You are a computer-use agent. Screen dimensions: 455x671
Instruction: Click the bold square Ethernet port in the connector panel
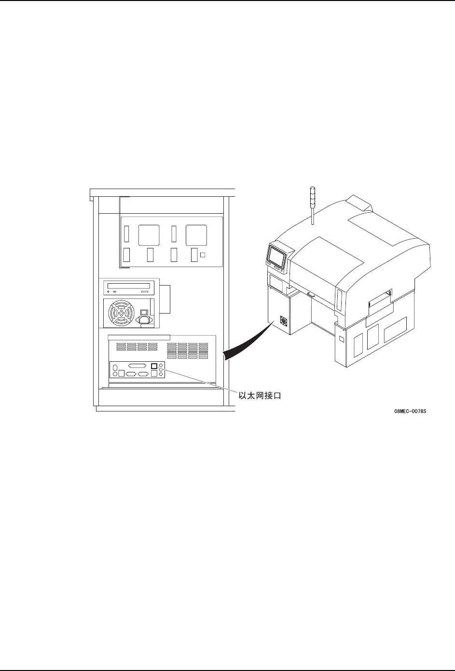pos(154,366)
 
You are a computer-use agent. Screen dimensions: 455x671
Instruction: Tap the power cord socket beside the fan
pos(144,319)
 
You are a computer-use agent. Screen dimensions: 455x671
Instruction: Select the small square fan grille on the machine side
pos(284,323)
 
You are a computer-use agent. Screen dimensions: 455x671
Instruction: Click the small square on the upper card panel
pos(203,255)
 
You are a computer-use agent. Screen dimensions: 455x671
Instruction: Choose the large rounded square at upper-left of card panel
pos(149,235)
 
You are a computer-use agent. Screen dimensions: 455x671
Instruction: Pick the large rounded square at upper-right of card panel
pos(196,235)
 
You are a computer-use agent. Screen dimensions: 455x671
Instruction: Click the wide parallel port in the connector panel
pos(138,366)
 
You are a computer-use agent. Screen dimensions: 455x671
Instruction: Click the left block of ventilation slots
pos(137,346)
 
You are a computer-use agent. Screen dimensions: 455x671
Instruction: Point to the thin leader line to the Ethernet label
pos(198,379)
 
